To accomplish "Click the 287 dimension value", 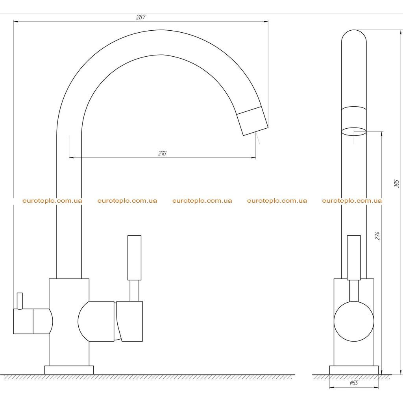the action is coord(140,17).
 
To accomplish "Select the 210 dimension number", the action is coord(162,153).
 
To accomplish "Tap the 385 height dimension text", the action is coord(397,184).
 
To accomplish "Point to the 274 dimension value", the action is coord(377,236).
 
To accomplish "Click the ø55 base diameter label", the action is coord(354,383).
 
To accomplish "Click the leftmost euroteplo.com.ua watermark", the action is coord(52,201).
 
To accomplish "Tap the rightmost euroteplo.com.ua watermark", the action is coord(352,201).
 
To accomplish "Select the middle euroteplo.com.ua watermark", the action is coord(202,201).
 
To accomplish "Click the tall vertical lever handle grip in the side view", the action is coord(135,257).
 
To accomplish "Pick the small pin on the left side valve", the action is coord(20,301).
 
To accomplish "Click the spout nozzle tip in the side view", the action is coord(252,120).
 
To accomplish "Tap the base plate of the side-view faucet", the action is coord(69,370).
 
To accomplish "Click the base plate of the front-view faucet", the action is coord(354,370).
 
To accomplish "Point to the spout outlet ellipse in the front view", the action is coord(354,131).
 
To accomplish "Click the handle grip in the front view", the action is coord(354,257).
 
